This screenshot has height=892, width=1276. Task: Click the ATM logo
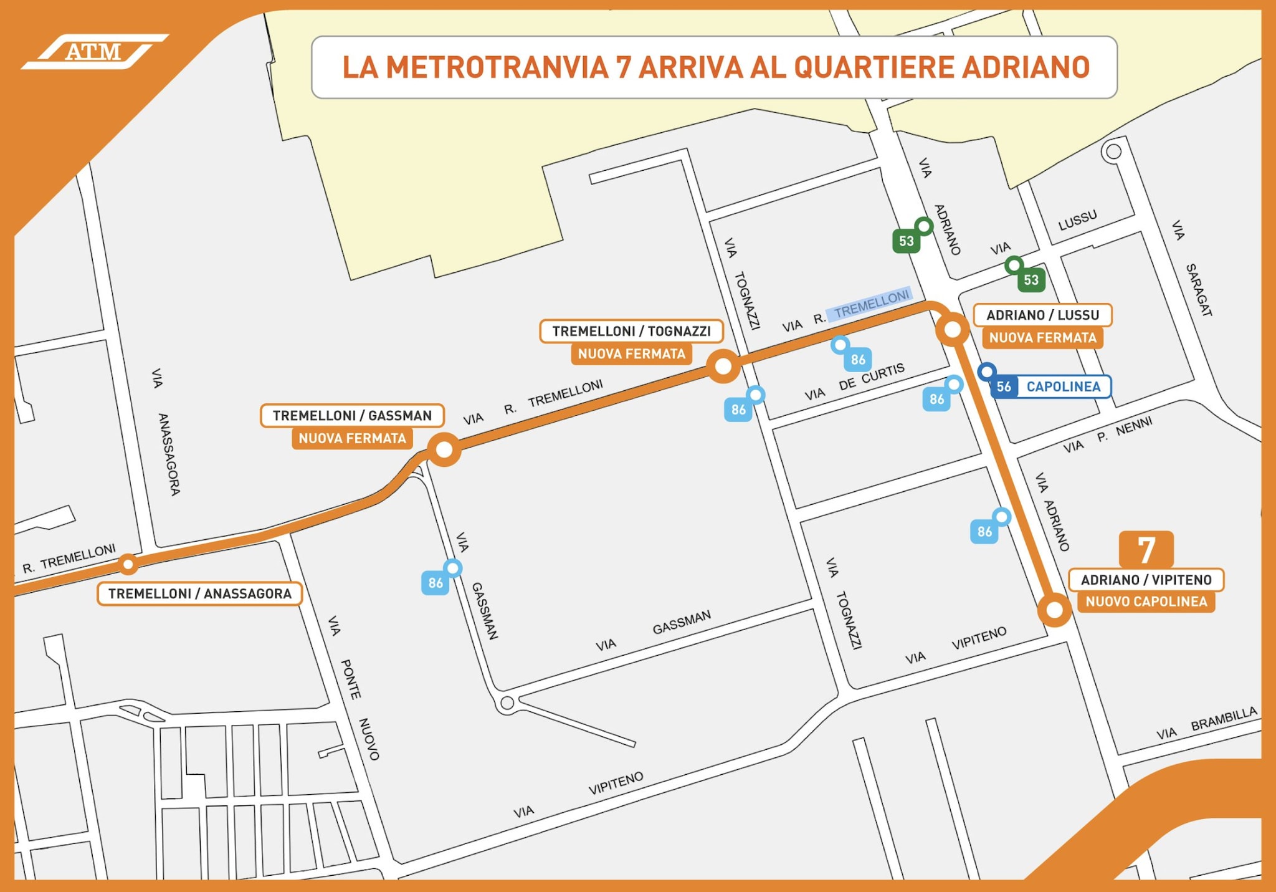point(93,52)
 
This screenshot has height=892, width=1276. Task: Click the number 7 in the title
point(622,67)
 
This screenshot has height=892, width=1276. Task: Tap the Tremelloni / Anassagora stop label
point(199,593)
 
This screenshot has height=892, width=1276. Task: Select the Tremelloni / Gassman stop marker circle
point(444,449)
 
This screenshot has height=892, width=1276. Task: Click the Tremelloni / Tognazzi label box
point(631,331)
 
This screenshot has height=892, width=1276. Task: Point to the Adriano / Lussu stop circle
point(953,329)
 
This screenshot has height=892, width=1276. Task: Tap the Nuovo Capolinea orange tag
point(1146,602)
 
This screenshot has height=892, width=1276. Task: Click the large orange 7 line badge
point(1146,549)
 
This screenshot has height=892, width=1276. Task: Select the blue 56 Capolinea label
point(1051,386)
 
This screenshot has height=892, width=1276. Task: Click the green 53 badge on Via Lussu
point(1031,280)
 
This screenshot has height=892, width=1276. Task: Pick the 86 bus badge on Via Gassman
point(436,583)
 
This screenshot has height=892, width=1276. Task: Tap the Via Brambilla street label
point(1207,724)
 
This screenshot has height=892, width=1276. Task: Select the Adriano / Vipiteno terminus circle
point(1054,610)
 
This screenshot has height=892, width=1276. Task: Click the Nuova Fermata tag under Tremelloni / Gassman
point(352,438)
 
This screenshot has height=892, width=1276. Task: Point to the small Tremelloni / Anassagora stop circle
point(128,564)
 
